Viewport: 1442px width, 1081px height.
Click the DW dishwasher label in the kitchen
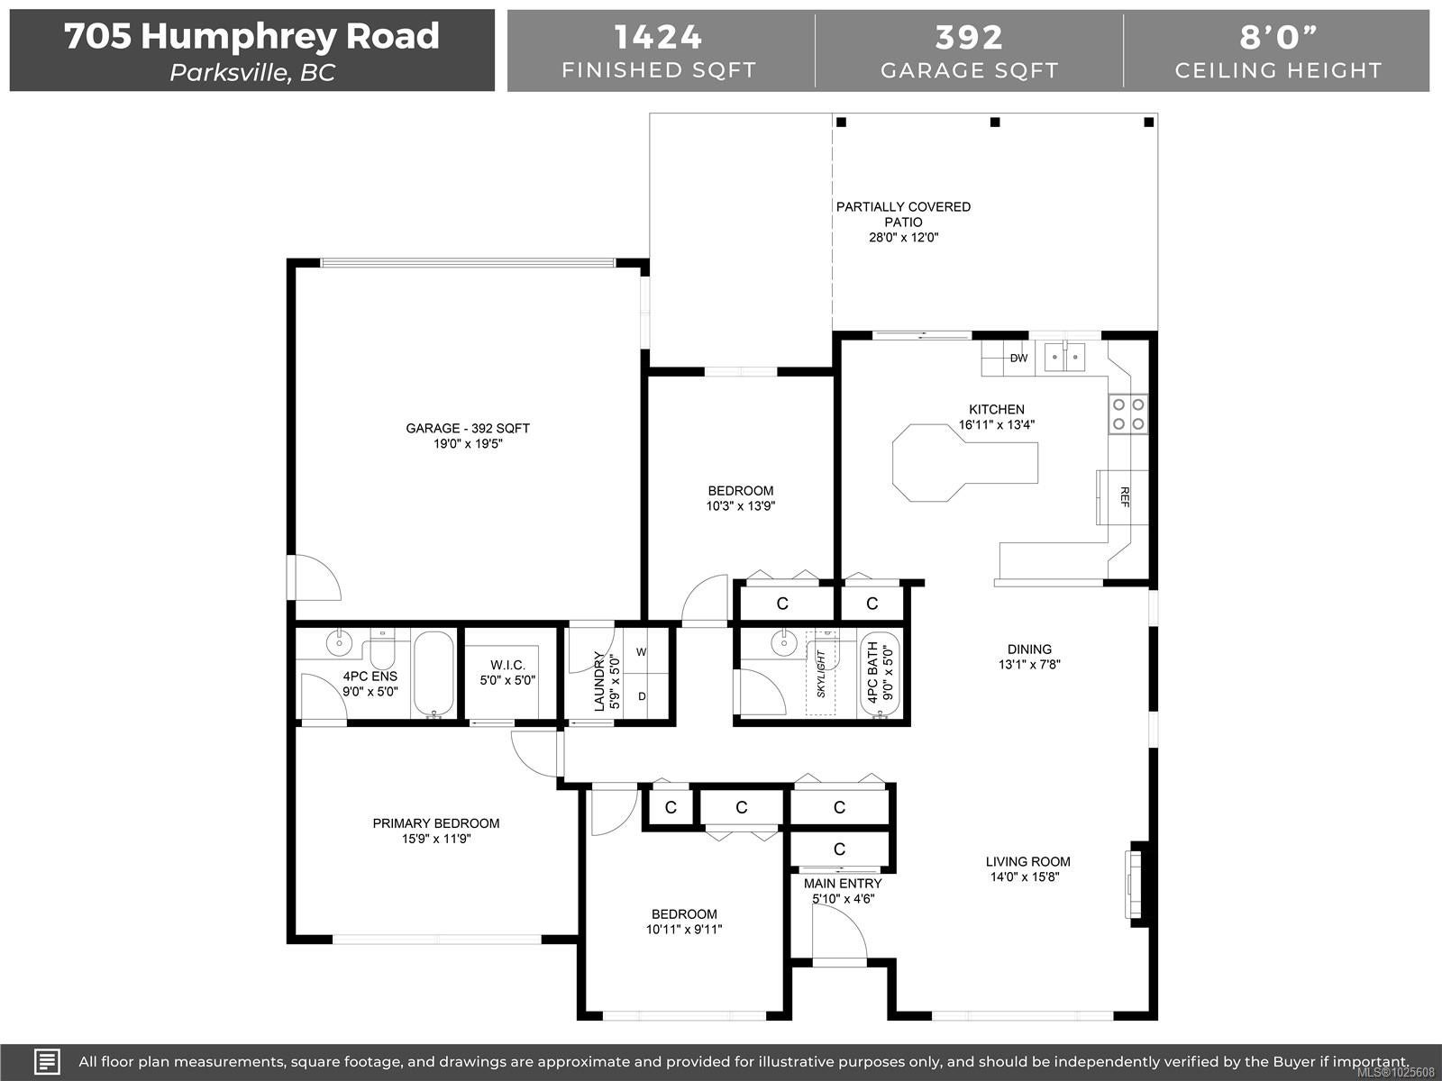click(1018, 358)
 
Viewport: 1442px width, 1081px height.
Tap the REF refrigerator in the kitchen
click(1123, 497)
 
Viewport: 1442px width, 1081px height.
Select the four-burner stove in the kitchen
click(1128, 414)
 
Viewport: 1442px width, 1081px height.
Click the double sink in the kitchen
click(1064, 358)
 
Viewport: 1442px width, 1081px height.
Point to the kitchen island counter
click(964, 463)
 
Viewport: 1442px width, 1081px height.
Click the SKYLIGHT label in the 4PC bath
click(820, 674)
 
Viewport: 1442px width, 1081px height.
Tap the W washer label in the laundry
click(641, 651)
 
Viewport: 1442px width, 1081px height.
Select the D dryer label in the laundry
click(642, 695)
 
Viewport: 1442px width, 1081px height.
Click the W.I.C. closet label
click(507, 665)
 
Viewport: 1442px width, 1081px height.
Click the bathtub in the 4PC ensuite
click(434, 674)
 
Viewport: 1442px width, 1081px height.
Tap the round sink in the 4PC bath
click(784, 643)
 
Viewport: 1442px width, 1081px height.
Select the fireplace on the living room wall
click(1136, 885)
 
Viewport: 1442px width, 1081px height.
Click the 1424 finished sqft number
click(658, 37)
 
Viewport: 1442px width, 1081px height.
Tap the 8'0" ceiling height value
click(1278, 37)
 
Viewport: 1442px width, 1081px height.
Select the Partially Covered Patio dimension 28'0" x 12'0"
click(903, 238)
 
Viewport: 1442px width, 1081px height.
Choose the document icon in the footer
click(47, 1061)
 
